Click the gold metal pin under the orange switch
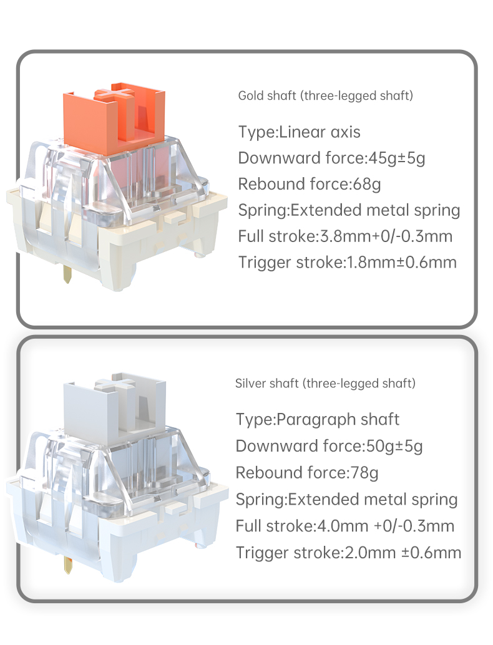click(67, 274)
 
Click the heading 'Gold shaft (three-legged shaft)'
click(326, 96)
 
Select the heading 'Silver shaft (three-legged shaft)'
click(325, 384)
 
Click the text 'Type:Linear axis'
click(299, 132)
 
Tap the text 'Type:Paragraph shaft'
click(317, 420)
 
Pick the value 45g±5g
click(396, 158)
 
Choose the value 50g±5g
click(394, 446)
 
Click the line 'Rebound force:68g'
click(310, 184)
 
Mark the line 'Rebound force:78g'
click(307, 473)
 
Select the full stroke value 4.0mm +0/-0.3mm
click(386, 526)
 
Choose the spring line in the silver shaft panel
click(346, 500)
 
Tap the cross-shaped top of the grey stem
click(115, 383)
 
